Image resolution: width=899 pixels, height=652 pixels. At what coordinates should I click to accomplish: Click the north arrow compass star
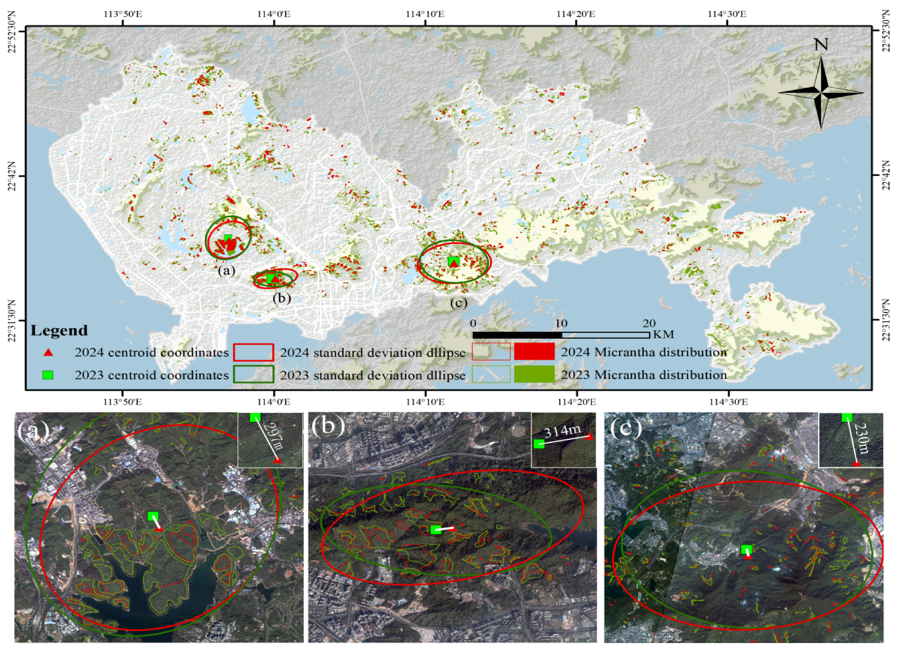(x=821, y=92)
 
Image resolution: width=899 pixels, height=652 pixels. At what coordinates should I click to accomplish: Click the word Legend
(x=59, y=330)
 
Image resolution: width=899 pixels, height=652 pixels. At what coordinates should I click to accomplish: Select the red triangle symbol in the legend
(x=48, y=352)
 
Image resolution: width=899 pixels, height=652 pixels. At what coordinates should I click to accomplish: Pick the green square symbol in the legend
(x=48, y=375)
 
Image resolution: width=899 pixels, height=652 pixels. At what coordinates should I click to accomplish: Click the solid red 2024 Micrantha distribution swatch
(x=534, y=351)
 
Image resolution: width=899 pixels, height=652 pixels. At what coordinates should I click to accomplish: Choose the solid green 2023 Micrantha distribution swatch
(x=534, y=374)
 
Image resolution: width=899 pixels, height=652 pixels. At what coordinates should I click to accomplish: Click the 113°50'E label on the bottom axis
(x=123, y=402)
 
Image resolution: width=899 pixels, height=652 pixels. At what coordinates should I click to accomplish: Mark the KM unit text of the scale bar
(x=663, y=334)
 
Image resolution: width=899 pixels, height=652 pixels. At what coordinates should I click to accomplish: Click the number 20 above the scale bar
(x=649, y=323)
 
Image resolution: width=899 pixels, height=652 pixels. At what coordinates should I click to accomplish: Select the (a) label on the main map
(x=226, y=270)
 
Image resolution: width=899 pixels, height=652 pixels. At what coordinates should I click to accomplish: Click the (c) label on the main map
(x=458, y=303)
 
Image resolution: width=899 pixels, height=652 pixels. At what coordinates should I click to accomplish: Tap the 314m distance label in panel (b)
(x=562, y=431)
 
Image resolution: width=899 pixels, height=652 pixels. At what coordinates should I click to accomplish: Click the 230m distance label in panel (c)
(x=862, y=438)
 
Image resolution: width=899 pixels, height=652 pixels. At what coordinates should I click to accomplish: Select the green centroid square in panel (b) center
(x=436, y=529)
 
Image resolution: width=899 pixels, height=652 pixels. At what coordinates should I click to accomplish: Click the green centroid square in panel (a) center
(x=153, y=516)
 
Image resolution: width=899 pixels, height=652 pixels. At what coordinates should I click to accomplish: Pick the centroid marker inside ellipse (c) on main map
(x=453, y=261)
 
